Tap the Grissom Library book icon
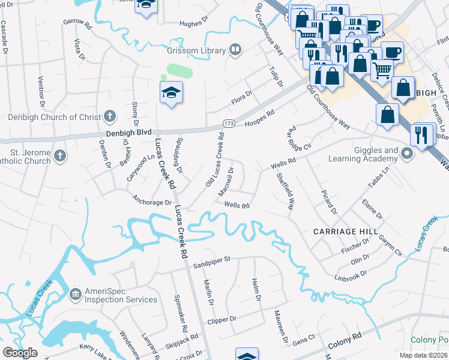click(235, 50)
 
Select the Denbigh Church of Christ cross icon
click(109, 116)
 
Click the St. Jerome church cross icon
click(59, 156)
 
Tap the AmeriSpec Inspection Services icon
click(76, 294)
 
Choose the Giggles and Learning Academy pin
click(407, 155)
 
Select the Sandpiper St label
click(211, 261)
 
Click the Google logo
click(20, 353)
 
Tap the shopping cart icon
click(382, 70)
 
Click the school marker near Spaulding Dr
click(171, 92)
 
